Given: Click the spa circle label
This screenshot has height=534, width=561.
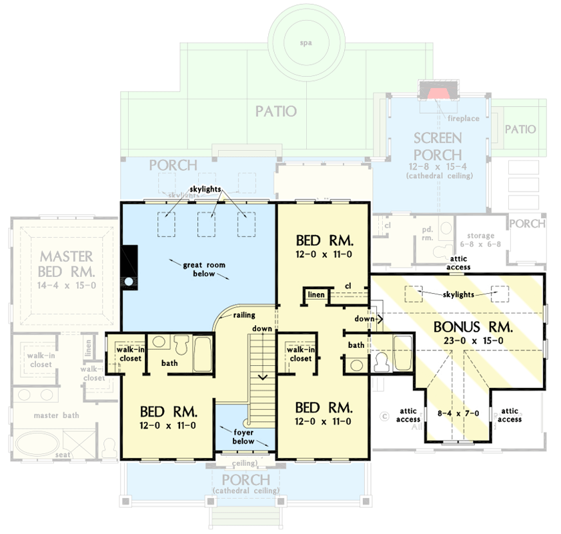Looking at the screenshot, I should pyautogui.click(x=306, y=43).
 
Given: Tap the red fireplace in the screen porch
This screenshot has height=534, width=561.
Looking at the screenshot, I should pyautogui.click(x=437, y=93).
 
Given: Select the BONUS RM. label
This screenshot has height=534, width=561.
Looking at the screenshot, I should pyautogui.click(x=472, y=328).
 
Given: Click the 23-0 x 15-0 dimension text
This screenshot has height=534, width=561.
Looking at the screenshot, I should pyautogui.click(x=473, y=341).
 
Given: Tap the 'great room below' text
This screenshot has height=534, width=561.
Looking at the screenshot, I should pyautogui.click(x=205, y=269).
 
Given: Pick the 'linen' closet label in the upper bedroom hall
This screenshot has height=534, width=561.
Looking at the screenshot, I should pyautogui.click(x=316, y=295).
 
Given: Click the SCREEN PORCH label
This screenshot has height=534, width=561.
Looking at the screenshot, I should pyautogui.click(x=438, y=146).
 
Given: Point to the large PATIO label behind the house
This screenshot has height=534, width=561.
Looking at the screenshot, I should pyautogui.click(x=276, y=111).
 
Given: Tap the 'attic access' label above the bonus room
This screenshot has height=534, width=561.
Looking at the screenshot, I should pyautogui.click(x=459, y=263).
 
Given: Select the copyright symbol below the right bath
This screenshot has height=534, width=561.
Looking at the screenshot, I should pyautogui.click(x=384, y=417).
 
